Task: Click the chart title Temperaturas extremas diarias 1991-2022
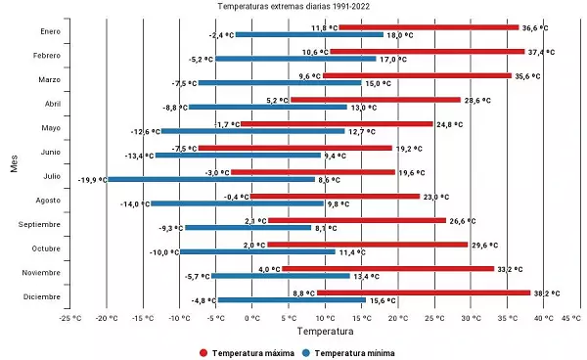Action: tap(293, 6)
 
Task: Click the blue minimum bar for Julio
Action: tap(210, 179)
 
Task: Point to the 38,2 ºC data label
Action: tap(546, 292)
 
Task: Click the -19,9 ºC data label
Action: tap(92, 180)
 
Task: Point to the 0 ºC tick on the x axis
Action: tap(252, 318)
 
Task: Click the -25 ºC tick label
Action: tap(69, 318)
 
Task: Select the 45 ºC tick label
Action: tap(569, 318)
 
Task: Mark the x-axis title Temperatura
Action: tap(319, 333)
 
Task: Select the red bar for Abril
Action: tap(375, 100)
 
